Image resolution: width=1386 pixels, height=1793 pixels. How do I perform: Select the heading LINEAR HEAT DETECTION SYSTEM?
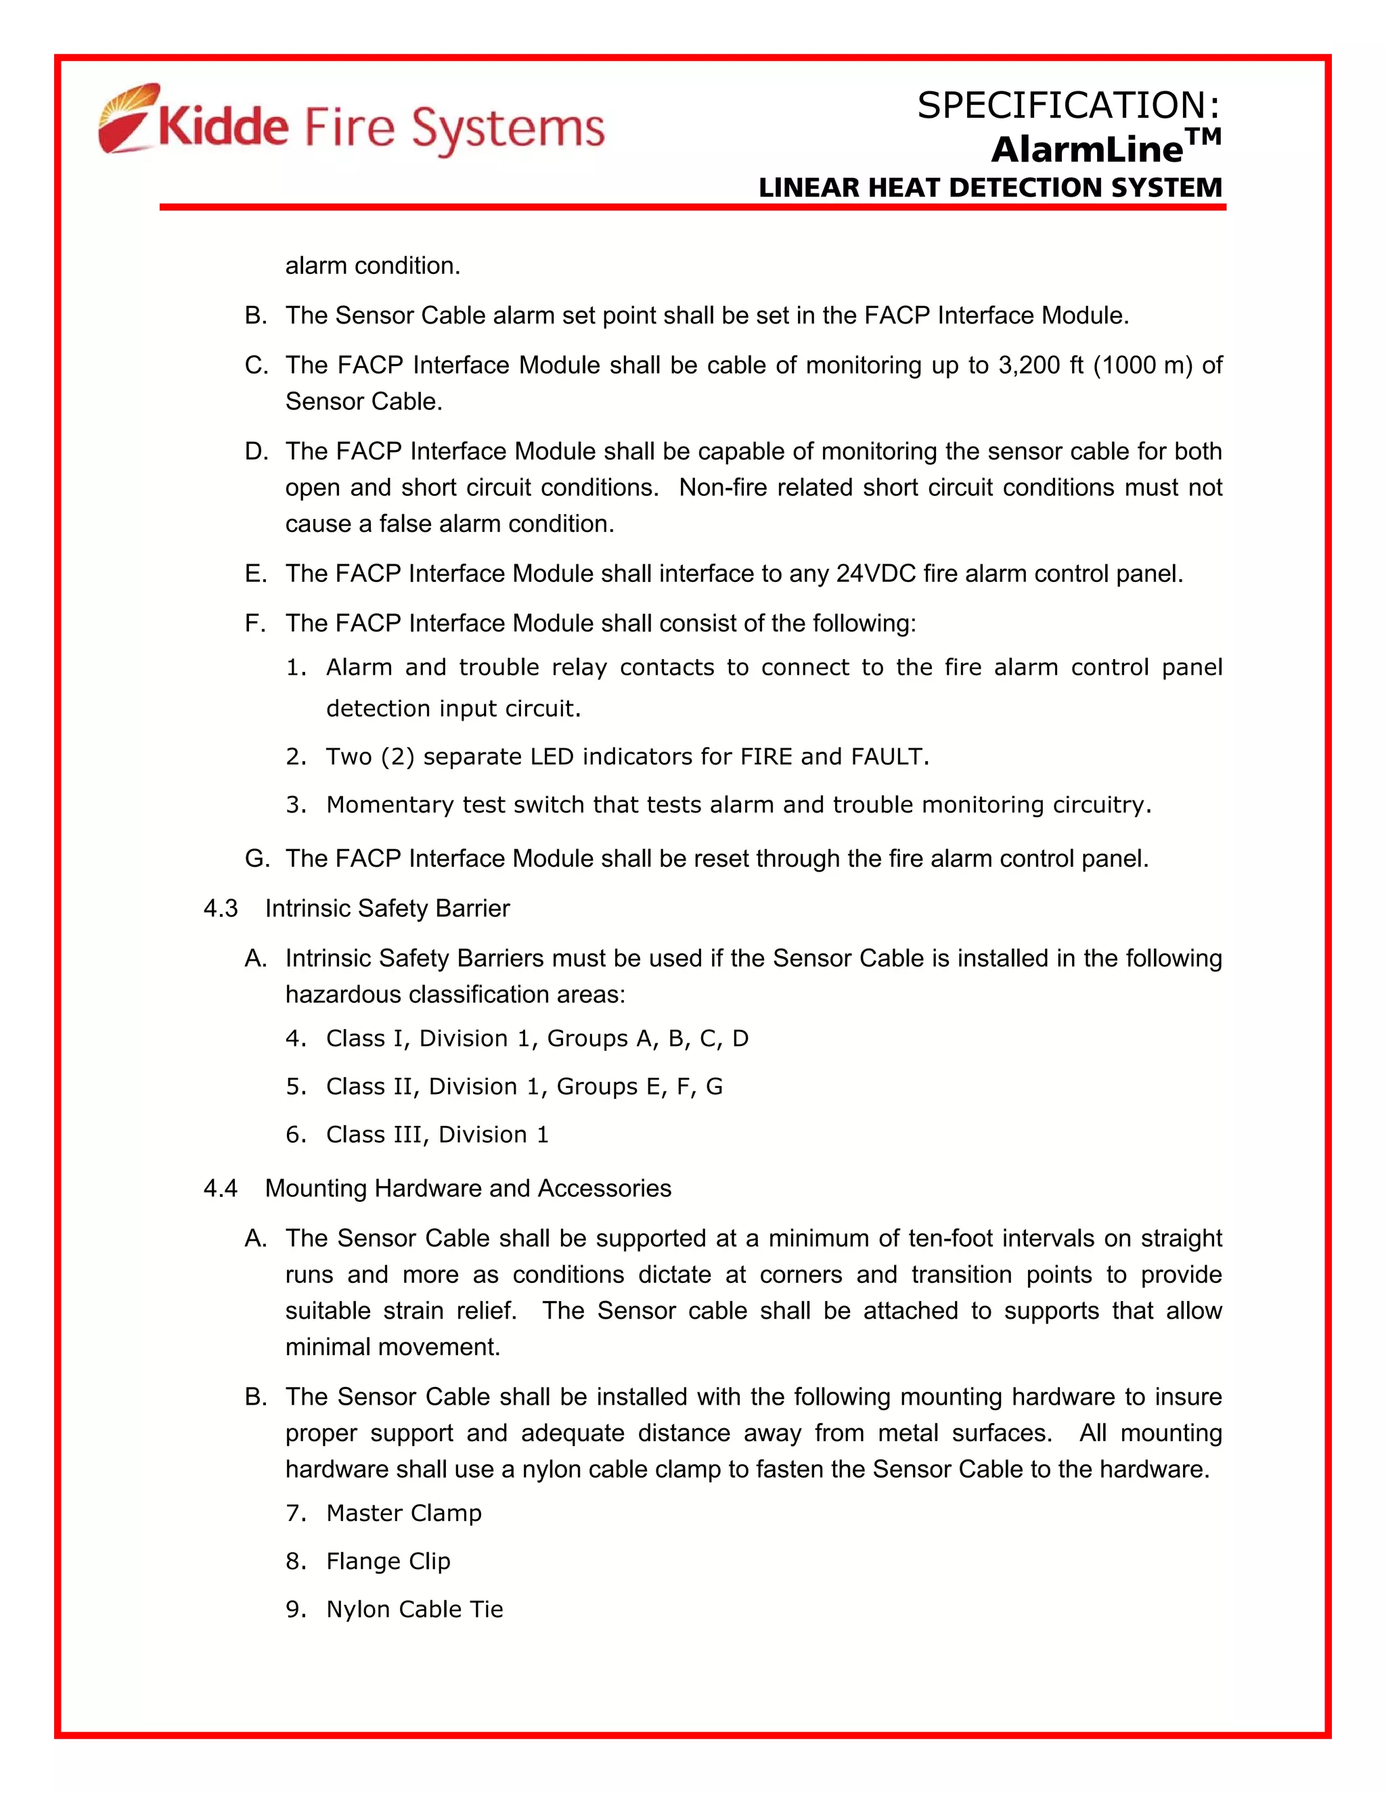click(990, 188)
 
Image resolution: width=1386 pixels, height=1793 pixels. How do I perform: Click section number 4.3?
click(221, 909)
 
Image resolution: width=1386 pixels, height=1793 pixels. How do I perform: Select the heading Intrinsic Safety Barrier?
click(386, 909)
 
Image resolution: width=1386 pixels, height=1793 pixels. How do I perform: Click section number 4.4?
click(221, 1189)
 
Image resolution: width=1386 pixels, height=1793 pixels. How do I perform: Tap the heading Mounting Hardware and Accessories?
click(468, 1189)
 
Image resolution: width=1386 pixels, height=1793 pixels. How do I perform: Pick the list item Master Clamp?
click(403, 1513)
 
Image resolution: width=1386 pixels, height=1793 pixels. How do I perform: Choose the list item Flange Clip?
click(388, 1561)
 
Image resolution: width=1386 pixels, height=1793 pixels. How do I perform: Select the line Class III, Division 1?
click(437, 1135)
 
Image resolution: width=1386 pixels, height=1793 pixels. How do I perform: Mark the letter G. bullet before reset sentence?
click(256, 859)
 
